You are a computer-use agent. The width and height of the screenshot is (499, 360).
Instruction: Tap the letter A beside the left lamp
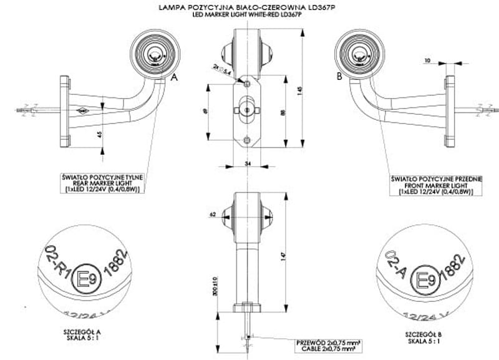click(x=175, y=77)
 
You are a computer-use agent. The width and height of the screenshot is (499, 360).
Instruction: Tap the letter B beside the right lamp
click(x=339, y=77)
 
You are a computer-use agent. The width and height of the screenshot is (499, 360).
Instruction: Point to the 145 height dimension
click(x=299, y=90)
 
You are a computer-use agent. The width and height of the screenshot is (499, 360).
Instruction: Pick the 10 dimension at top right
click(x=427, y=61)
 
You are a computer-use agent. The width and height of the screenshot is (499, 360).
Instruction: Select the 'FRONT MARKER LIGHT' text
click(x=436, y=185)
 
